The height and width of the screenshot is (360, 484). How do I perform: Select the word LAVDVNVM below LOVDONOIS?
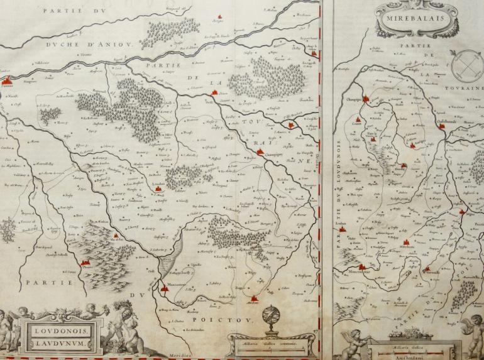click(x=55, y=342)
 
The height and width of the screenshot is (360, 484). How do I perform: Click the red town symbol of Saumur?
click(x=6, y=80)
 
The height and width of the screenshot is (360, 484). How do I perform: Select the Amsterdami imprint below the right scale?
click(x=412, y=354)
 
